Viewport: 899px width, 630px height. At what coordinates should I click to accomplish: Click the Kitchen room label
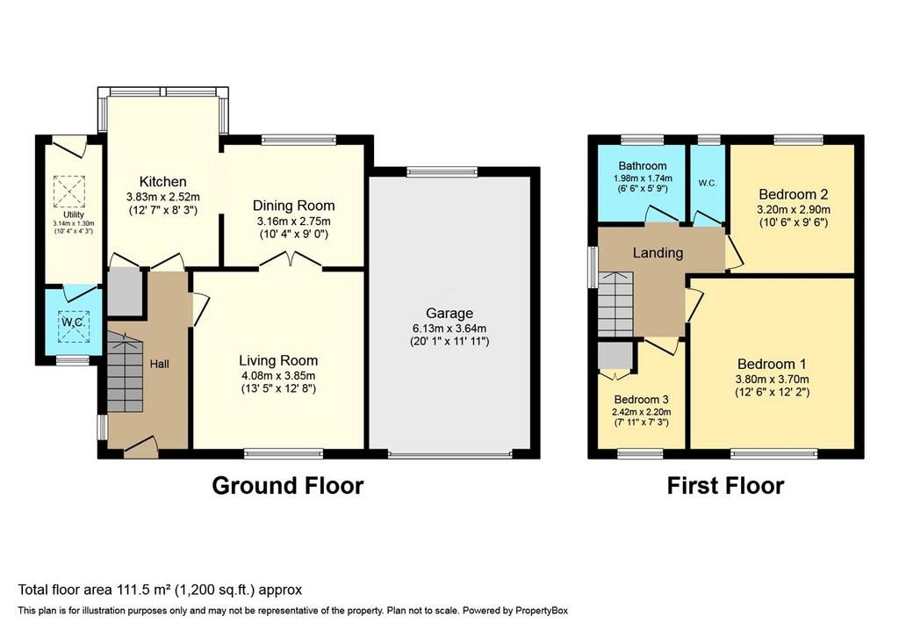pyautogui.click(x=162, y=182)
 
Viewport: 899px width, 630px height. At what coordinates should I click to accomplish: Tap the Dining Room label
pyautogui.click(x=293, y=206)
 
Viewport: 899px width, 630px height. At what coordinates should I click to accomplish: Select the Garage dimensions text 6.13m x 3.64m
pyautogui.click(x=449, y=329)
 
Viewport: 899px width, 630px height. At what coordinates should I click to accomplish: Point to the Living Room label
pyautogui.click(x=278, y=360)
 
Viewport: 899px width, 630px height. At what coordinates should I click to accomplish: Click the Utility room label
pyautogui.click(x=74, y=214)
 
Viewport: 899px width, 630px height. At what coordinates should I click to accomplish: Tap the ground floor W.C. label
pyautogui.click(x=74, y=322)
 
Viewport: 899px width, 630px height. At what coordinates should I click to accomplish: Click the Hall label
pyautogui.click(x=160, y=364)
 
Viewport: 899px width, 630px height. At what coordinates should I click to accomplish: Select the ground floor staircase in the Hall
pyautogui.click(x=124, y=372)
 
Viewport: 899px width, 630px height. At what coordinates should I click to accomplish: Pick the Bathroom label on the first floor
pyautogui.click(x=642, y=166)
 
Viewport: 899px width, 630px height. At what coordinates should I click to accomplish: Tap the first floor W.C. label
pyautogui.click(x=707, y=183)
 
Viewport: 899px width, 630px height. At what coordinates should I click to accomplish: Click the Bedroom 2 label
pyautogui.click(x=793, y=194)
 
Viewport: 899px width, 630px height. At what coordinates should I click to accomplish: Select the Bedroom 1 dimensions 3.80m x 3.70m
pyautogui.click(x=772, y=380)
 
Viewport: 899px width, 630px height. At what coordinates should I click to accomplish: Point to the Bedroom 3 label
pyautogui.click(x=641, y=399)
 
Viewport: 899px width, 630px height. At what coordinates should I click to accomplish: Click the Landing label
pyautogui.click(x=658, y=253)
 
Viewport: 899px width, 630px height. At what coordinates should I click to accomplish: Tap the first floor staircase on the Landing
pyautogui.click(x=615, y=304)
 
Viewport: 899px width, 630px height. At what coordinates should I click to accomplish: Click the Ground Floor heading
pyautogui.click(x=288, y=485)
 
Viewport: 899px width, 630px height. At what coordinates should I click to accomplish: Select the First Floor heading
pyautogui.click(x=725, y=486)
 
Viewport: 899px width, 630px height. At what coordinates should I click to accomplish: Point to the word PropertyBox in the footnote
pyautogui.click(x=540, y=611)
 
